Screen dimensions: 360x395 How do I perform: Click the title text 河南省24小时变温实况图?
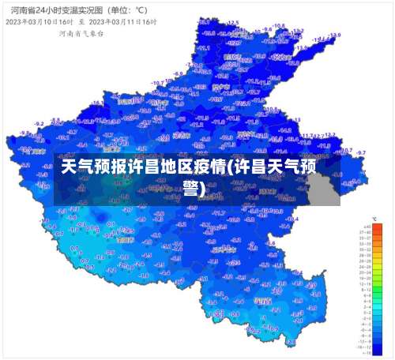tap(52, 10)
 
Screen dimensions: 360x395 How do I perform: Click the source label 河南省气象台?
tap(78, 34)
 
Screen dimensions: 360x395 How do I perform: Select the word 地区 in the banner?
tap(178, 167)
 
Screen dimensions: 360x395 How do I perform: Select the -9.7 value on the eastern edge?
tap(361, 152)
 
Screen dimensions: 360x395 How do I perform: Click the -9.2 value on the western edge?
tap(37, 124)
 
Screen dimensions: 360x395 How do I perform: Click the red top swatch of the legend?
tap(366, 227)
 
